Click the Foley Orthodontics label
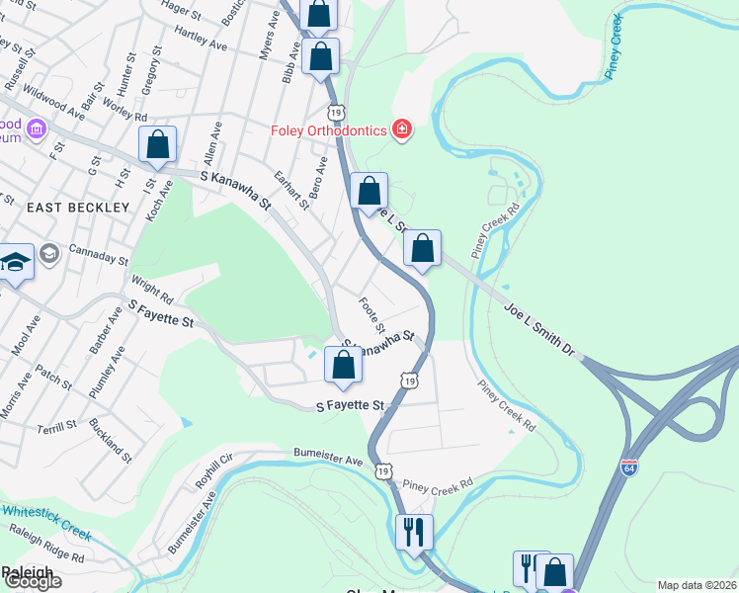[x=330, y=130]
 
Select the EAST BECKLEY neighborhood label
[x=78, y=208]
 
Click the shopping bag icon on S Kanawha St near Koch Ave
[x=158, y=144]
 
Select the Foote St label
[x=372, y=314]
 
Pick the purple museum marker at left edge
[x=37, y=128]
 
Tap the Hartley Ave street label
[x=201, y=38]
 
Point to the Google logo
[x=32, y=581]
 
